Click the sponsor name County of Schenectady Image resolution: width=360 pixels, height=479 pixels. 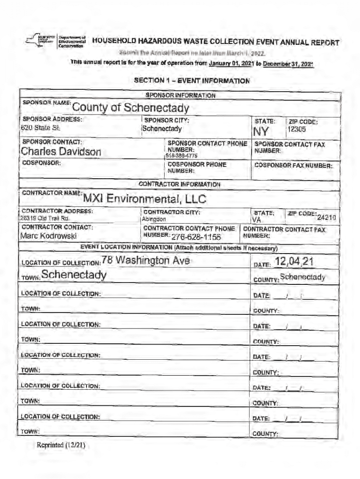click(130, 108)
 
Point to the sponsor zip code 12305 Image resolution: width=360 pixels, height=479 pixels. click(296, 129)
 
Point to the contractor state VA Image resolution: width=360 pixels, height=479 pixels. click(256, 219)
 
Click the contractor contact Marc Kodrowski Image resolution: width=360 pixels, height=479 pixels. click(48, 236)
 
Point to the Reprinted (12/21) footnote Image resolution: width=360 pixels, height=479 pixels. click(60, 445)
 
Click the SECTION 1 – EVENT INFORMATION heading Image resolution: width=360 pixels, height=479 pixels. click(192, 80)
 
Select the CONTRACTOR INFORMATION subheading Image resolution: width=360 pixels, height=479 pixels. click(180, 184)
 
